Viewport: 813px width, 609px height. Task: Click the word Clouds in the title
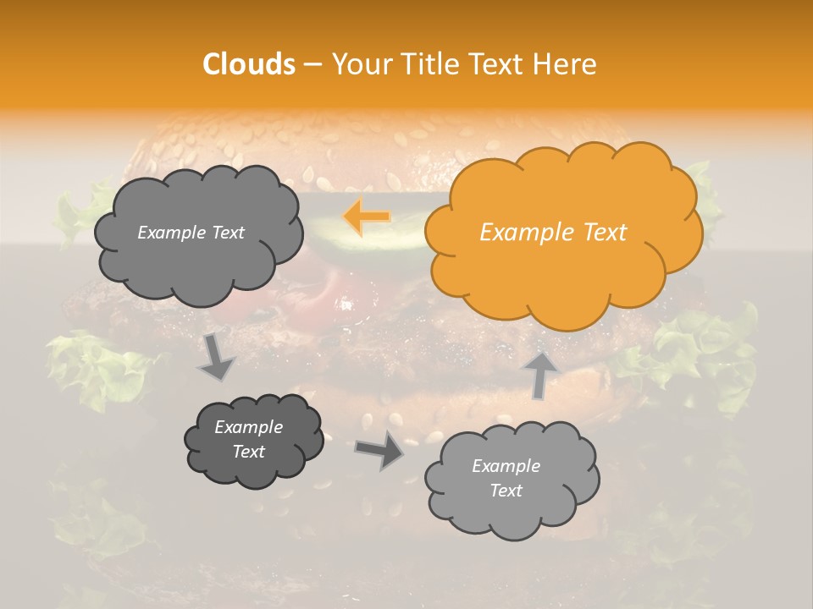tap(249, 64)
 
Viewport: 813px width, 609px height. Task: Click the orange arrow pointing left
tap(367, 217)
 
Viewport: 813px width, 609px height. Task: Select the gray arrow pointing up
tap(540, 373)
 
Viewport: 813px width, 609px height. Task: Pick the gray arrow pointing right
tap(380, 450)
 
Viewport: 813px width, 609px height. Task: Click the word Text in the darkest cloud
tap(248, 452)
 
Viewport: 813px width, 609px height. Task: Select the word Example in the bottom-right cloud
tap(506, 466)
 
